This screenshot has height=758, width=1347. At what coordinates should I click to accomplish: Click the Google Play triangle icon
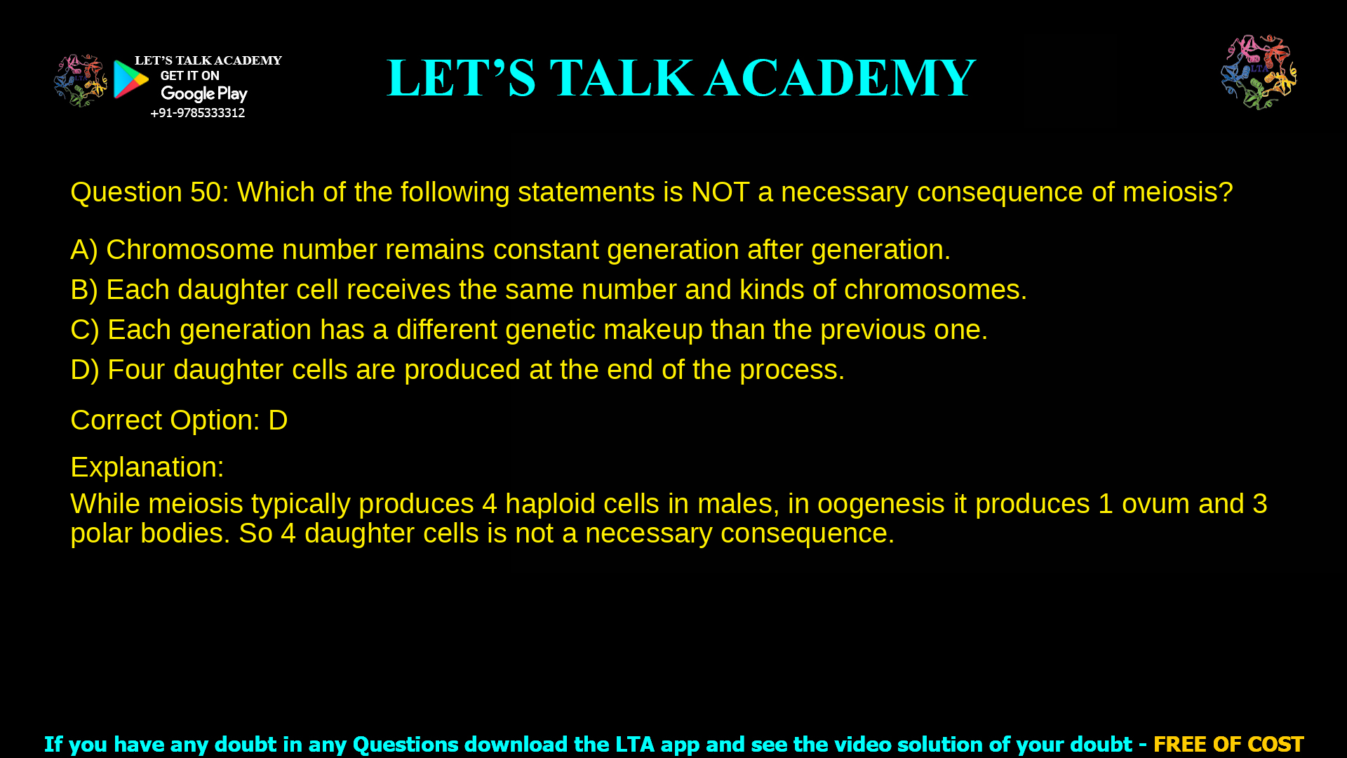(130, 79)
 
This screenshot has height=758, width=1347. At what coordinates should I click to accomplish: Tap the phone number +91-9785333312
(197, 113)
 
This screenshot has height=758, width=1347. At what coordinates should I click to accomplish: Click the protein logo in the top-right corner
(1259, 72)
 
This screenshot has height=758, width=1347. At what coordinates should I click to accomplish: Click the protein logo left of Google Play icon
(80, 81)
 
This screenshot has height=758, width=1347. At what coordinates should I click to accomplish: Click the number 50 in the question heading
(206, 192)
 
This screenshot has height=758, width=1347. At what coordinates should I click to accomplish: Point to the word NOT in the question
(720, 192)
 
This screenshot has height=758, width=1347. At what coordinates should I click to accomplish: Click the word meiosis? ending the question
(1177, 192)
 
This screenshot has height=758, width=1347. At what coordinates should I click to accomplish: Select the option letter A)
(83, 250)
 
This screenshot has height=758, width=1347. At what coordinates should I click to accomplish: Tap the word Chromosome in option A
(189, 250)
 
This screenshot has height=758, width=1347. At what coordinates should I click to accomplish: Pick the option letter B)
(83, 290)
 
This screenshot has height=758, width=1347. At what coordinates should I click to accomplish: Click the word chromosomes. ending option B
(934, 290)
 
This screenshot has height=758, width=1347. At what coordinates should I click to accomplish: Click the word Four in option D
(135, 370)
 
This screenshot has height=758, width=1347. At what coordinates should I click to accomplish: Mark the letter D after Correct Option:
(278, 420)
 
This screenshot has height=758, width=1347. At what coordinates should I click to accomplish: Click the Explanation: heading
(147, 467)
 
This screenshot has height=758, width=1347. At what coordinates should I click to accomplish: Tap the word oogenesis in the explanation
(880, 504)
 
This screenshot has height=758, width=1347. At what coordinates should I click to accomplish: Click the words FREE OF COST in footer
(1228, 744)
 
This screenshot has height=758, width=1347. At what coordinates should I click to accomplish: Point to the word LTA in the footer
(635, 744)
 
